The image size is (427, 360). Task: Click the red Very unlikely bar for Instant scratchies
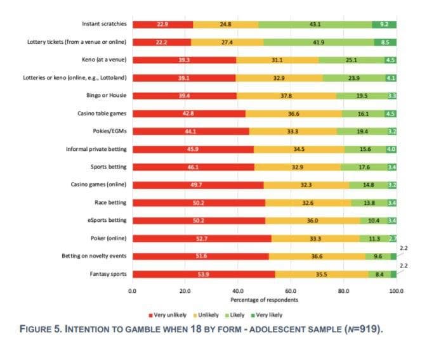(x=162, y=24)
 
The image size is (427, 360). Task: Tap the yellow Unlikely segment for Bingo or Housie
(x=286, y=96)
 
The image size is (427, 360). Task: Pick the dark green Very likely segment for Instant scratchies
(x=384, y=24)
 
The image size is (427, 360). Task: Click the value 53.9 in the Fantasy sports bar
(x=204, y=274)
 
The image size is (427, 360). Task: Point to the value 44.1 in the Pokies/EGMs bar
(x=190, y=131)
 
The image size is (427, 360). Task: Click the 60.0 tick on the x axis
(x=291, y=290)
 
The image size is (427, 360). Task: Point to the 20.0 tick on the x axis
(x=185, y=290)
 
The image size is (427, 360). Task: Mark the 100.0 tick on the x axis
(x=396, y=290)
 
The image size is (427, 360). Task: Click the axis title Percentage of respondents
(x=264, y=300)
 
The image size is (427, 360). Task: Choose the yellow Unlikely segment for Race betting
(x=308, y=203)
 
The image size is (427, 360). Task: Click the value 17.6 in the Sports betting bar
(x=364, y=167)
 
